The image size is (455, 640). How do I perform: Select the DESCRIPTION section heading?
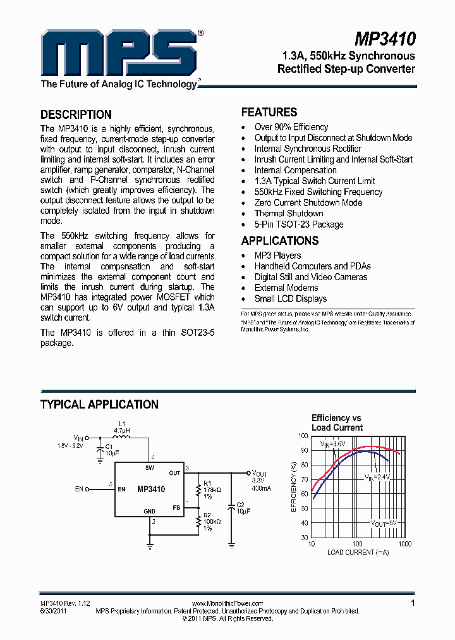[76, 114]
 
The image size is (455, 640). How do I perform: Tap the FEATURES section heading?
[269, 112]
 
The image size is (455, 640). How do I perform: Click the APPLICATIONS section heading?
[279, 240]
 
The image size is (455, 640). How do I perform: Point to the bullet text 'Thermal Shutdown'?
[289, 213]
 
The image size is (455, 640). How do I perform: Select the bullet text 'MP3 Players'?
[277, 255]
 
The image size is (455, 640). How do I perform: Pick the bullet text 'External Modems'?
[286, 288]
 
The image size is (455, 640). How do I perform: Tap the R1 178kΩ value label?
[212, 490]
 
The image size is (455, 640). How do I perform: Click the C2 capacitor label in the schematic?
[240, 504]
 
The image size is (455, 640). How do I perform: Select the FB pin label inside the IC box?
[176, 508]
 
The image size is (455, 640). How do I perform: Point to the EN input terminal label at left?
[79, 489]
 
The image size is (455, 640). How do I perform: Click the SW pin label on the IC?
[150, 468]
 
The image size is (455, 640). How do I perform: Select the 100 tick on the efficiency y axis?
[303, 436]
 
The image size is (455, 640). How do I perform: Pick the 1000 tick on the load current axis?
[404, 544]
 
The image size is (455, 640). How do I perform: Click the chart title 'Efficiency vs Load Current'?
[336, 422]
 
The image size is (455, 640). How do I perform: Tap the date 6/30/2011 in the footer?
[54, 611]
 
